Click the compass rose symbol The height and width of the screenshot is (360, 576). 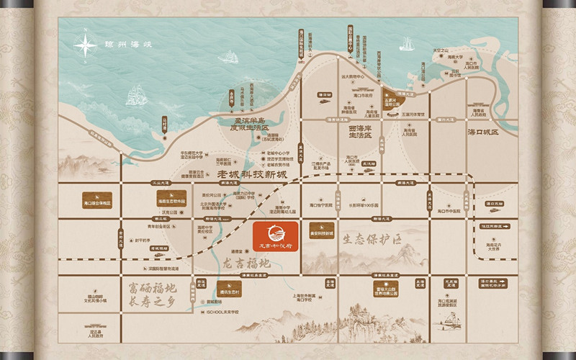[x=86, y=46]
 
